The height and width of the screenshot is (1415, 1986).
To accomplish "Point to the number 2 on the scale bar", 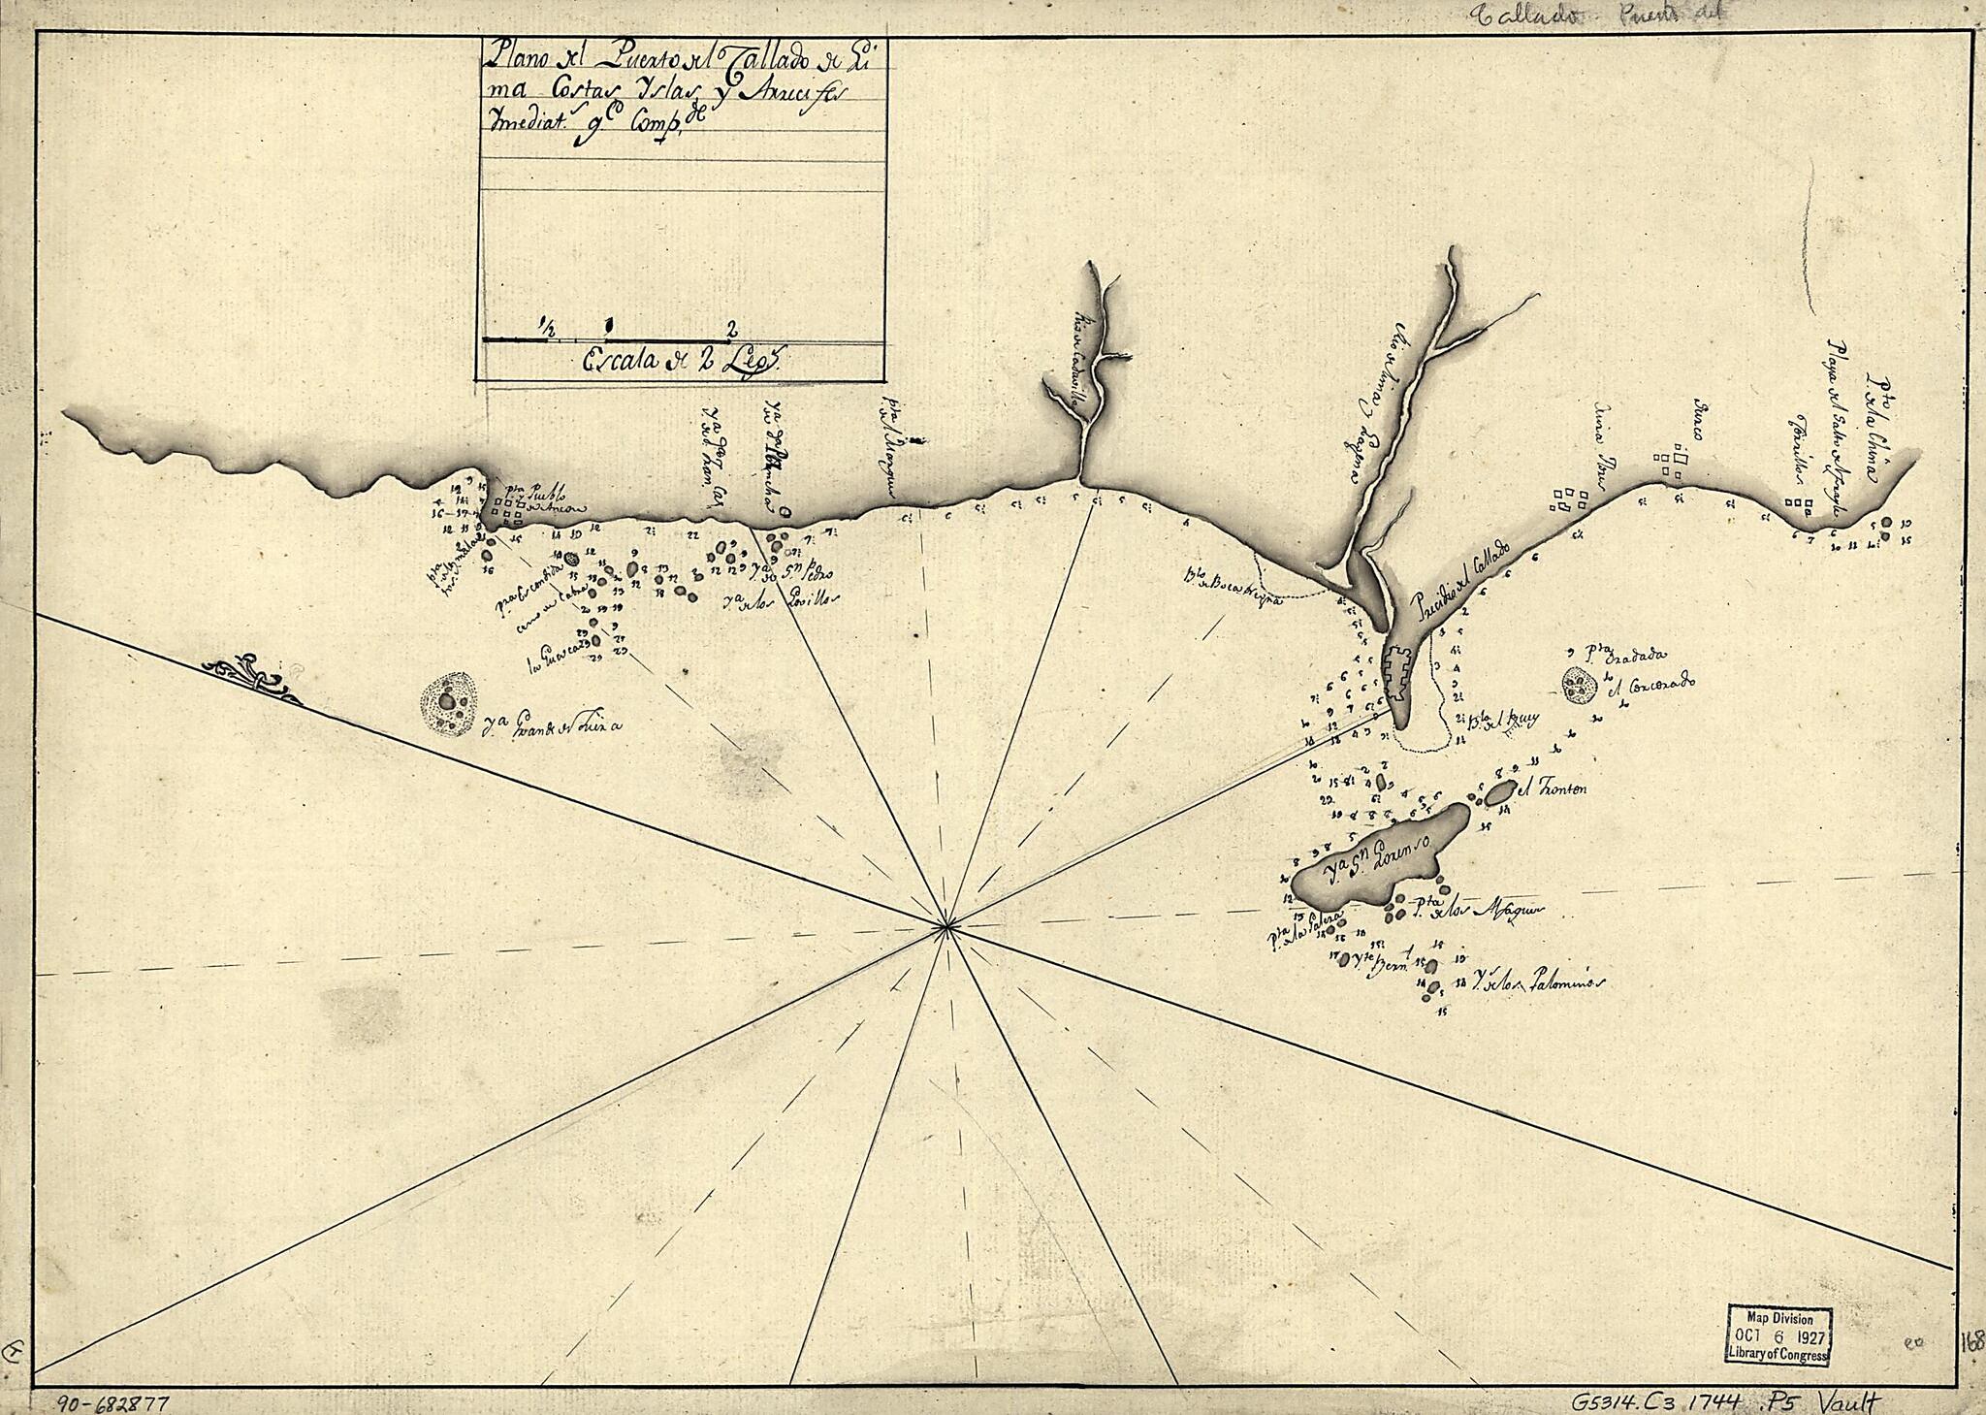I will tap(732, 326).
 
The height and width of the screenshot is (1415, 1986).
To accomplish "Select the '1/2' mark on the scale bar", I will tap(549, 328).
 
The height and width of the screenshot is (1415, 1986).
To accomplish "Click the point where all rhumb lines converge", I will tap(945, 928).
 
